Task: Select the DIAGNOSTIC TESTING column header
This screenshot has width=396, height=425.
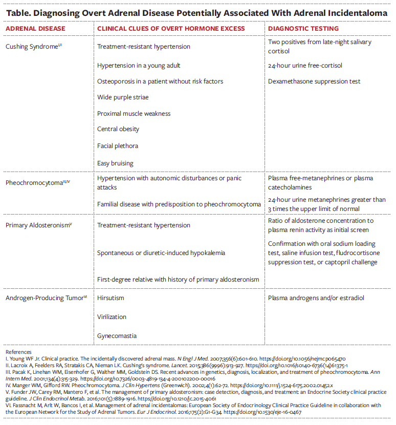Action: (303, 28)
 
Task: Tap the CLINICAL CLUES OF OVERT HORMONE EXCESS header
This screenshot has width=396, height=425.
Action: (171, 28)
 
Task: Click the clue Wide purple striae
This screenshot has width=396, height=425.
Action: (123, 97)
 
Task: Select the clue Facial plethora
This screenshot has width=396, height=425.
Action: (118, 146)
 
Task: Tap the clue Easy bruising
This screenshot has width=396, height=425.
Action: (115, 163)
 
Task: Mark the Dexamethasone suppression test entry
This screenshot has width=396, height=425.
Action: (314, 81)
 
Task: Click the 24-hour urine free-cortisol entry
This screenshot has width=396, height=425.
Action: (305, 66)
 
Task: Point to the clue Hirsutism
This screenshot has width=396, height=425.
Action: (111, 298)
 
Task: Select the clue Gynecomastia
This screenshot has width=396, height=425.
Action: (117, 335)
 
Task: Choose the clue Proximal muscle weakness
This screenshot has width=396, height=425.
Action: (134, 114)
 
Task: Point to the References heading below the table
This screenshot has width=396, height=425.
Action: (18, 352)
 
